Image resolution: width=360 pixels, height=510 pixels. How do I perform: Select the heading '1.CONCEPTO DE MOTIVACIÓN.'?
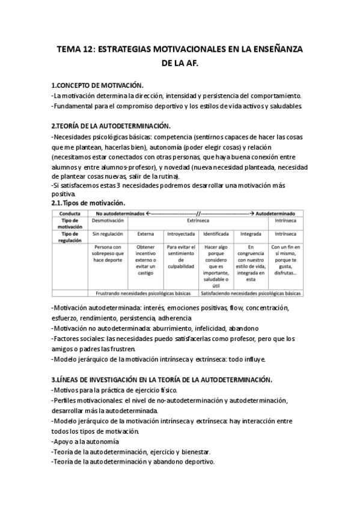pyautogui.click(x=97, y=85)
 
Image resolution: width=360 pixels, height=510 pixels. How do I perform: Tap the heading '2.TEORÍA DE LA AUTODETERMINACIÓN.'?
pyautogui.click(x=111, y=126)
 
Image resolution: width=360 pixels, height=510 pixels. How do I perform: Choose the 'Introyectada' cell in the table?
pyautogui.click(x=180, y=234)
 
